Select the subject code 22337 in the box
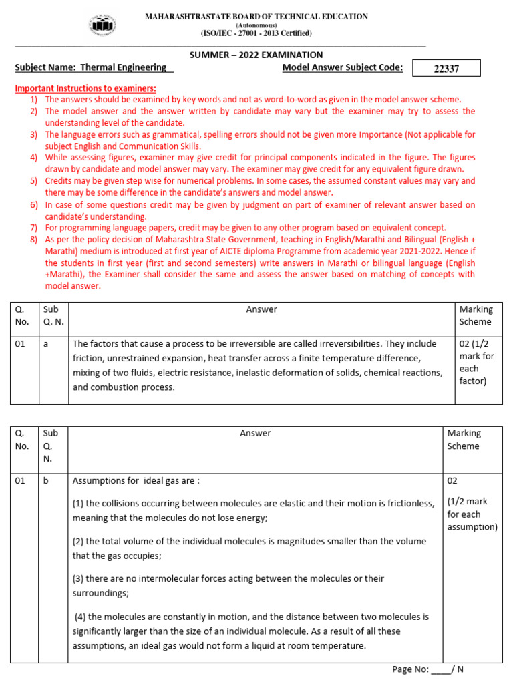[x=446, y=68]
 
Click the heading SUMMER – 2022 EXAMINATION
[x=256, y=55]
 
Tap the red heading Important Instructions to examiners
[x=85, y=88]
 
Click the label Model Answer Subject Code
[x=342, y=67]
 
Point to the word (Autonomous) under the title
[x=256, y=25]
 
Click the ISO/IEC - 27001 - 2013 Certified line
[x=256, y=33]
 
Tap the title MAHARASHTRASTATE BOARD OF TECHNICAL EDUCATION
[x=256, y=16]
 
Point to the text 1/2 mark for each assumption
[x=472, y=514]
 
